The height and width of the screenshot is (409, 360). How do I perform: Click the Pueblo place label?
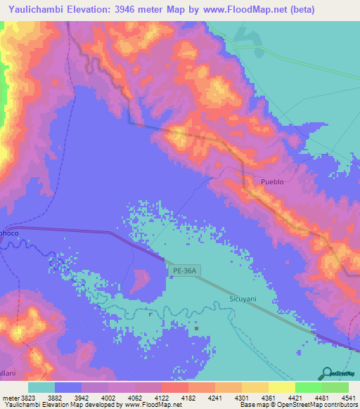272,181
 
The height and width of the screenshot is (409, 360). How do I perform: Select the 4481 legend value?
321,398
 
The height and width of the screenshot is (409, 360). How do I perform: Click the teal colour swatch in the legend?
41,387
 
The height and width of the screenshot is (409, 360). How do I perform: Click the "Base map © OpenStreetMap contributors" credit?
297,405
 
